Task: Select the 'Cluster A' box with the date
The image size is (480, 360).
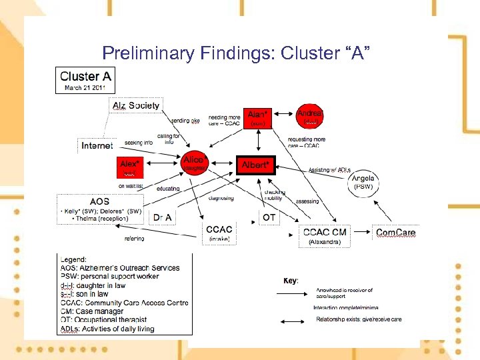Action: point(85,80)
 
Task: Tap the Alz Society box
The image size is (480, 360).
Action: point(135,105)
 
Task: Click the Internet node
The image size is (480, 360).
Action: point(97,145)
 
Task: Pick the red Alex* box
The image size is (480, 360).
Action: point(130,165)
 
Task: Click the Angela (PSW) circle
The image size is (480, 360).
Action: point(363,182)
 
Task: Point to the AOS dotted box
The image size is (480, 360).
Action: point(101,209)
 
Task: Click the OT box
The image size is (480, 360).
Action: point(269,217)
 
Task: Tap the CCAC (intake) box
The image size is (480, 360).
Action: point(219,233)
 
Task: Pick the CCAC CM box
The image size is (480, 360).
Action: point(325,235)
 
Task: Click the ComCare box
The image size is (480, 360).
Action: point(396,233)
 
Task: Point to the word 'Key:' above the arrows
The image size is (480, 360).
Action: point(290,281)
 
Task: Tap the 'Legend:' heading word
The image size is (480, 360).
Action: point(73,259)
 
